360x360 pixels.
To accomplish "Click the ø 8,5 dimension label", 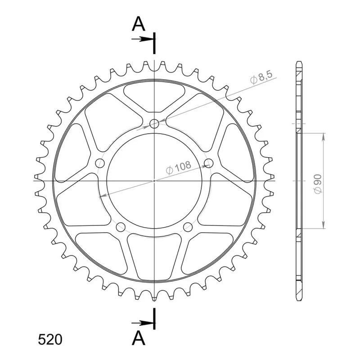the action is (261, 77).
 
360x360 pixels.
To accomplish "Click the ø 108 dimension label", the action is (178, 167).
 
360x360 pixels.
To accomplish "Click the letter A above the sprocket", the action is (139, 24).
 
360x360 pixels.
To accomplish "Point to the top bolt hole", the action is (154, 124).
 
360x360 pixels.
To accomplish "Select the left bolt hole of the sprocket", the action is (100, 163).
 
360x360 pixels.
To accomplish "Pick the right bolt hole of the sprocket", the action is (209, 163).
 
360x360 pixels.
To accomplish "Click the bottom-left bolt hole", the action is (121, 227).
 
